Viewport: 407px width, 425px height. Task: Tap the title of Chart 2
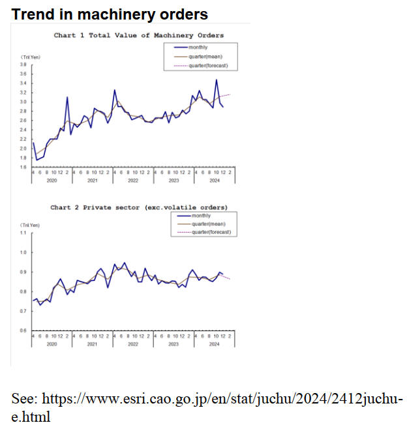(139, 207)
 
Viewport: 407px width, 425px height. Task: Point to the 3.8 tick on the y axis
(23, 65)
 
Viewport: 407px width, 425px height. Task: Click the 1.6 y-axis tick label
(23, 168)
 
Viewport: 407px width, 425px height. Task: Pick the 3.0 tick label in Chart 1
(23, 102)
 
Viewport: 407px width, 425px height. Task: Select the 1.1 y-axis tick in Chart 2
(23, 233)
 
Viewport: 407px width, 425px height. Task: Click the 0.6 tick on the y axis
(23, 330)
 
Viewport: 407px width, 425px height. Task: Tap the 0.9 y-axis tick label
(23, 272)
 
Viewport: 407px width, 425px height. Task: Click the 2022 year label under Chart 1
(133, 179)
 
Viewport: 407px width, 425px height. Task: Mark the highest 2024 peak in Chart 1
(217, 80)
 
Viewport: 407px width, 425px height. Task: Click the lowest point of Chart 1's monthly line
(37, 160)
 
